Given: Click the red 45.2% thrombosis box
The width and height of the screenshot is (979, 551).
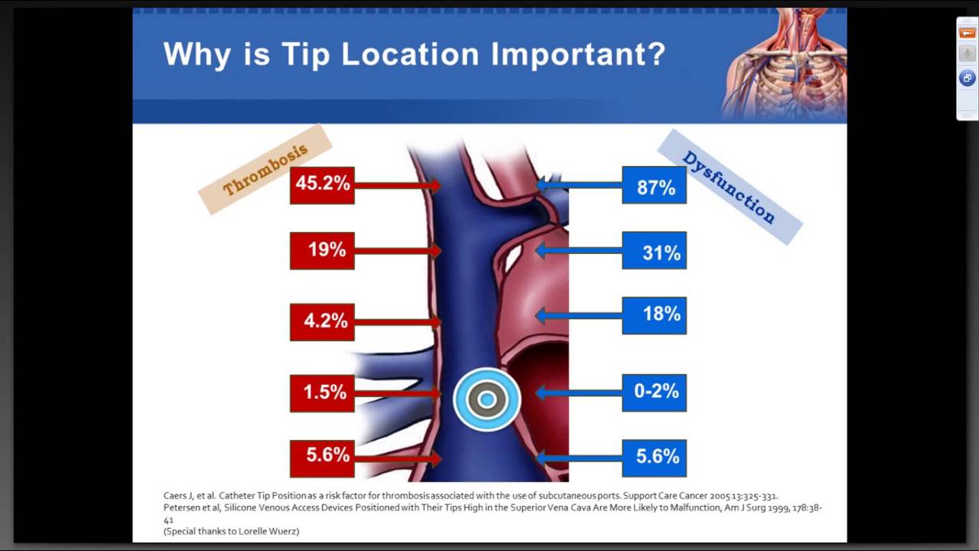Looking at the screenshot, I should pyautogui.click(x=322, y=185).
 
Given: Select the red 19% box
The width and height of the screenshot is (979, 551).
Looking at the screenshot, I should pyautogui.click(x=322, y=250).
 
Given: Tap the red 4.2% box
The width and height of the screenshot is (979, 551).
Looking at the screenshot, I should pyautogui.click(x=322, y=321).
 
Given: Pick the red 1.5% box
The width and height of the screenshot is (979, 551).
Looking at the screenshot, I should pyautogui.click(x=322, y=393).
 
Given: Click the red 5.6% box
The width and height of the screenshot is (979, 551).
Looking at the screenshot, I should pyautogui.click(x=322, y=457).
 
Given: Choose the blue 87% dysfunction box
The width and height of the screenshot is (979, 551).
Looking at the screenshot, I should pyautogui.click(x=654, y=185).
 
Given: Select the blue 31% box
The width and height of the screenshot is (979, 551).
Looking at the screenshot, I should pyautogui.click(x=654, y=250).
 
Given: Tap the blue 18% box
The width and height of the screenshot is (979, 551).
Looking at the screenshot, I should pyautogui.click(x=654, y=315).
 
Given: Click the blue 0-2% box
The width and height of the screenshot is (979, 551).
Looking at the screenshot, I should pyautogui.click(x=654, y=393).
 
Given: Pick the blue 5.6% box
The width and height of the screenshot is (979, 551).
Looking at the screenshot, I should pyautogui.click(x=654, y=458).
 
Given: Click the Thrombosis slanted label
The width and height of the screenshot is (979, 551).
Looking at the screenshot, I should pyautogui.click(x=265, y=169).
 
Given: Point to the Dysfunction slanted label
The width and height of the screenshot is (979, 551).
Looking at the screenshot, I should pyautogui.click(x=729, y=187).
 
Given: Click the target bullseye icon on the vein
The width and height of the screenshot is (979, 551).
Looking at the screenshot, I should pyautogui.click(x=487, y=399).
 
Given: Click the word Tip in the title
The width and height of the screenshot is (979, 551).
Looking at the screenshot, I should pyautogui.click(x=305, y=54).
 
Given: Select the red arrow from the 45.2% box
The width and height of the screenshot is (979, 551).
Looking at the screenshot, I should pyautogui.click(x=398, y=185).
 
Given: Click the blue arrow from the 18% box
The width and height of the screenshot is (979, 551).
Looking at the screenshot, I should pyautogui.click(x=578, y=315).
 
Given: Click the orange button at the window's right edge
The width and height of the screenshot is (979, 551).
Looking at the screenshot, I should pyautogui.click(x=968, y=33).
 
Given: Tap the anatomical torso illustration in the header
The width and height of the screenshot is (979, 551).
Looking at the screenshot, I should pyautogui.click(x=784, y=65).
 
